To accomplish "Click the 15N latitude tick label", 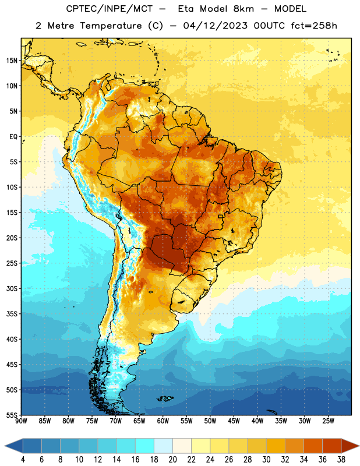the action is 12,61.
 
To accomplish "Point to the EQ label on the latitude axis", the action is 13,137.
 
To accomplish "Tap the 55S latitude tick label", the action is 12,415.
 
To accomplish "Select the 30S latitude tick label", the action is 12,288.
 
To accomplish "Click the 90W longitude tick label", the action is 21,421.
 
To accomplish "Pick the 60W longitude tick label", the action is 163,421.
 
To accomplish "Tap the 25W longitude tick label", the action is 328,421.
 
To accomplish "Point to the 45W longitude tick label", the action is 234,421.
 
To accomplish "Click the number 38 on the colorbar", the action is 341,460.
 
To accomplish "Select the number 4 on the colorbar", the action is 23,460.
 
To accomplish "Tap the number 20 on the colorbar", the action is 172,460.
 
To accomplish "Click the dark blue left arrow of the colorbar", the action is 13,446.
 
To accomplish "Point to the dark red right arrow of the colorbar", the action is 350,446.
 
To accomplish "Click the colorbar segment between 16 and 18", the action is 145,446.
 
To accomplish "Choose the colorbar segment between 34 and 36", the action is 313,446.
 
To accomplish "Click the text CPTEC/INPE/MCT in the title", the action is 110,9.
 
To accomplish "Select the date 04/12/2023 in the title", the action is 215,26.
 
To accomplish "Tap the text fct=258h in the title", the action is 314,26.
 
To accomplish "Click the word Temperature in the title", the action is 111,26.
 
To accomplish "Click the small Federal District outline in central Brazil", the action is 221,217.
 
